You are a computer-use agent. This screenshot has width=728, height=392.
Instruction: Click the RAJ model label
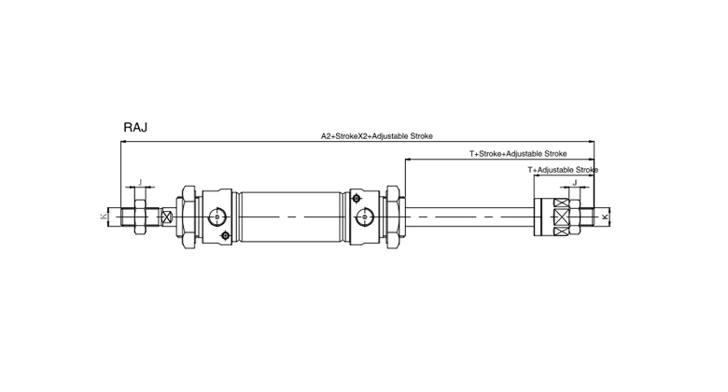click(135, 127)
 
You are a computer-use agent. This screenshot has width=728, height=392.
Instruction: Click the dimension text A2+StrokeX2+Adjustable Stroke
click(376, 136)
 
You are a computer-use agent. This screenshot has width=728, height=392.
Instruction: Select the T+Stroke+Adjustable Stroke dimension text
click(518, 154)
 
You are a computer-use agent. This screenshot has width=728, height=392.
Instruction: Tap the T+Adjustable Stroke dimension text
click(563, 170)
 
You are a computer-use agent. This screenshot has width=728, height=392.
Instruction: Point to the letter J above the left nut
click(140, 183)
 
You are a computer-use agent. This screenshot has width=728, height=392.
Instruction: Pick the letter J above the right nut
click(574, 183)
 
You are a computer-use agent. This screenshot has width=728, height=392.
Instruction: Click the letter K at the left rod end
click(103, 217)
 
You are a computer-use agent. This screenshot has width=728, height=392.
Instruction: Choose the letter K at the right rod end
click(605, 217)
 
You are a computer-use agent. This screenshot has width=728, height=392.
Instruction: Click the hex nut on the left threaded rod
click(140, 217)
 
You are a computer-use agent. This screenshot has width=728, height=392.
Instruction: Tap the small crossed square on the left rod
click(167, 217)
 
